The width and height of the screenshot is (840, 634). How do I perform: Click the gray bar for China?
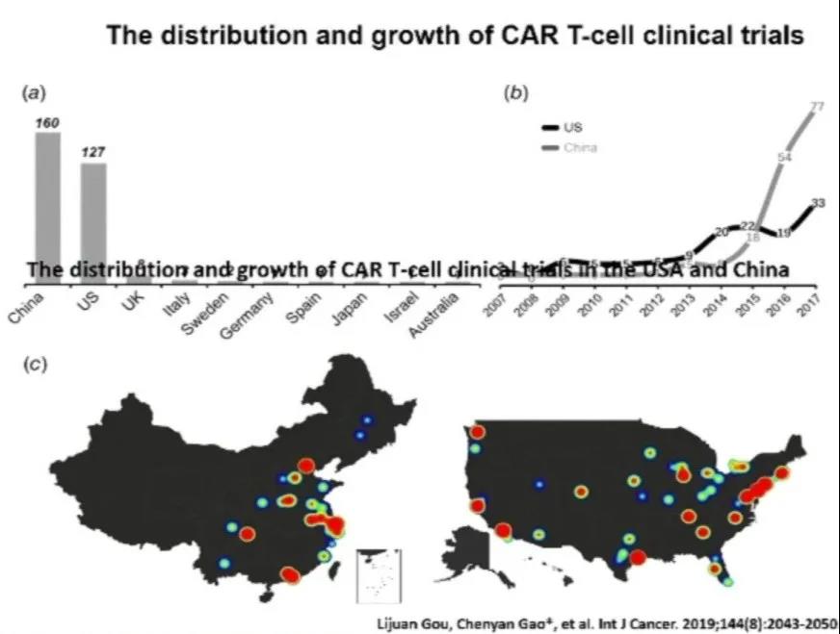pos(48,207)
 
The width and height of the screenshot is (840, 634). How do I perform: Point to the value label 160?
pos(48,122)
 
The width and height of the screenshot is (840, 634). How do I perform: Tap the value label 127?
pos(93,152)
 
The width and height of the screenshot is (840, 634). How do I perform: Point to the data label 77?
pos(817,107)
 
